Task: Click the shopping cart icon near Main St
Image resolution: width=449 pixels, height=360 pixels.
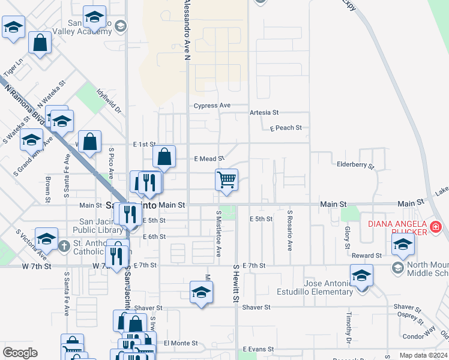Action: [226, 179]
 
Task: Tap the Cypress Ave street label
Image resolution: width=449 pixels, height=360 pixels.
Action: [212, 106]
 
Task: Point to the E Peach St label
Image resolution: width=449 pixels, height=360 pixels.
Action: [285, 128]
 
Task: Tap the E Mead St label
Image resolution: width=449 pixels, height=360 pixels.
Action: [209, 159]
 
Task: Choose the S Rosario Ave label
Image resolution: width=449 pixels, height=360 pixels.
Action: [289, 230]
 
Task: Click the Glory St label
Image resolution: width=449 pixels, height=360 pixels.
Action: [347, 238]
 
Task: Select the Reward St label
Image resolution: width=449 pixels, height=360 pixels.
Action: [367, 255]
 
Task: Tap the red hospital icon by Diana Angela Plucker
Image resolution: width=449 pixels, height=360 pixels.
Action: [435, 227]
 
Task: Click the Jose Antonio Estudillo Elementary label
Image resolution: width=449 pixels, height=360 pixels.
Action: [320, 287]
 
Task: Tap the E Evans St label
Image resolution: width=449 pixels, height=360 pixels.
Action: [258, 349]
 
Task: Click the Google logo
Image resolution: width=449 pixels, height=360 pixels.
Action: [20, 352]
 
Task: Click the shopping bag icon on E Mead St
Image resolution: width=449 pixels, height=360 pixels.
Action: [164, 157]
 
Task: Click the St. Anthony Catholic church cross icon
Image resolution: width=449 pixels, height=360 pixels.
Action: [64, 245]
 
